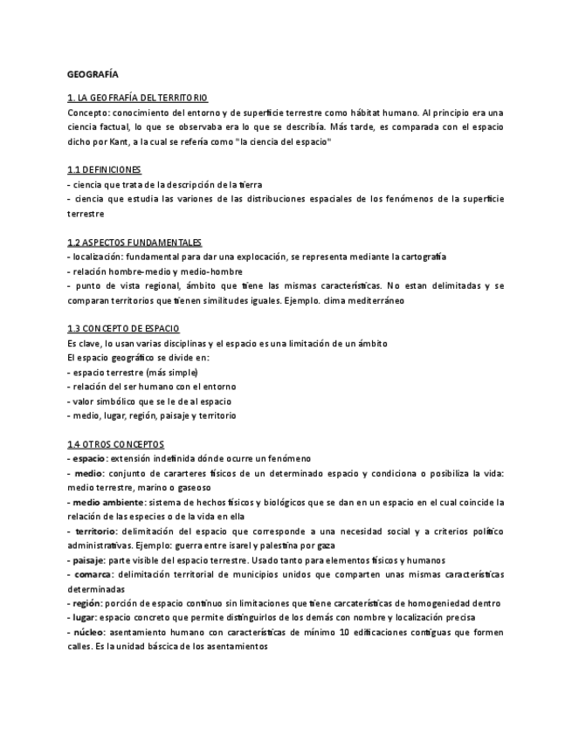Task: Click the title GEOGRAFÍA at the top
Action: [x=93, y=74]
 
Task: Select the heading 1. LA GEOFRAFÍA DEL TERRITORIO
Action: [x=137, y=98]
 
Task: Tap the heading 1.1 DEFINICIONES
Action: [x=104, y=169]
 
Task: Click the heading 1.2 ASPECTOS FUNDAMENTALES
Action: [x=134, y=242]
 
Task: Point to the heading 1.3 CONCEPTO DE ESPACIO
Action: [x=123, y=328]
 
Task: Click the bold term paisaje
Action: [x=87, y=559]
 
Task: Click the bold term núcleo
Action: [x=88, y=632]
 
